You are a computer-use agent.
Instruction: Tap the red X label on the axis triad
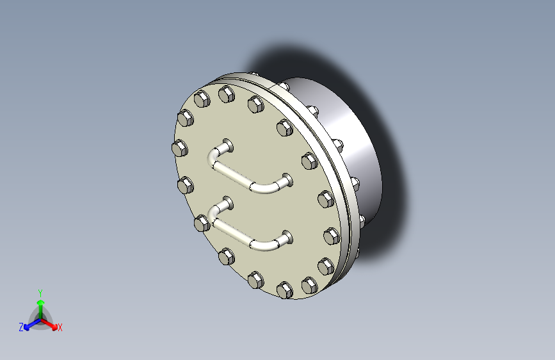pyautogui.click(x=60, y=328)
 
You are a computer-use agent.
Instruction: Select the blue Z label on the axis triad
pyautogui.click(x=21, y=327)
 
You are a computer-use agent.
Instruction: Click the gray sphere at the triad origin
pyautogui.click(x=40, y=318)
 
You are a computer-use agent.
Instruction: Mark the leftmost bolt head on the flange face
pyautogui.click(x=180, y=149)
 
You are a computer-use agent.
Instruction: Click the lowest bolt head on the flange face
pyautogui.click(x=284, y=290)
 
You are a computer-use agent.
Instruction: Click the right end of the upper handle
pyautogui.click(x=286, y=180)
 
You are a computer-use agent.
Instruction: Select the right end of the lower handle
pyautogui.click(x=286, y=238)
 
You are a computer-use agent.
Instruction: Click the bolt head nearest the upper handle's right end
pyautogui.click(x=309, y=160)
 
